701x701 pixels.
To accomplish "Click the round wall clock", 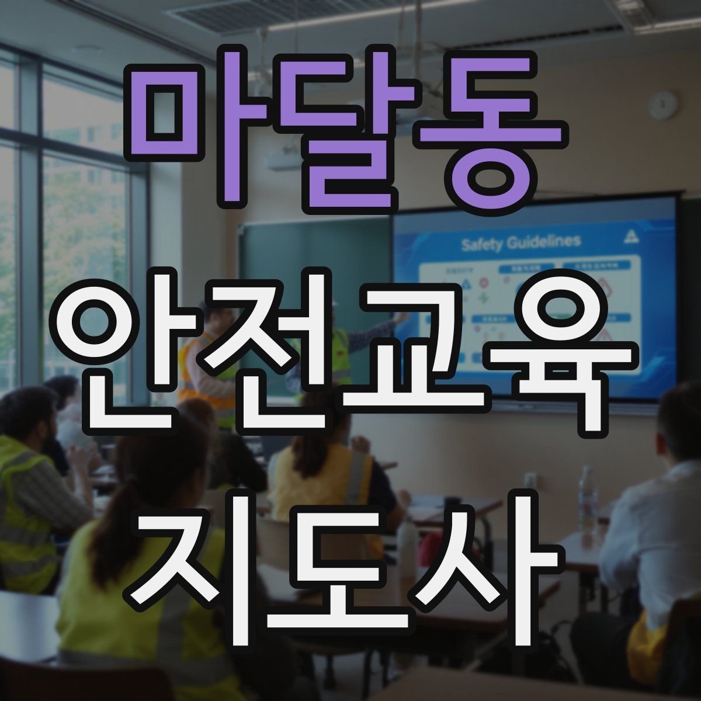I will pos(663,106).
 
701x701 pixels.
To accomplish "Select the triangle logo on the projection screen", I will pos(631,235).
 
